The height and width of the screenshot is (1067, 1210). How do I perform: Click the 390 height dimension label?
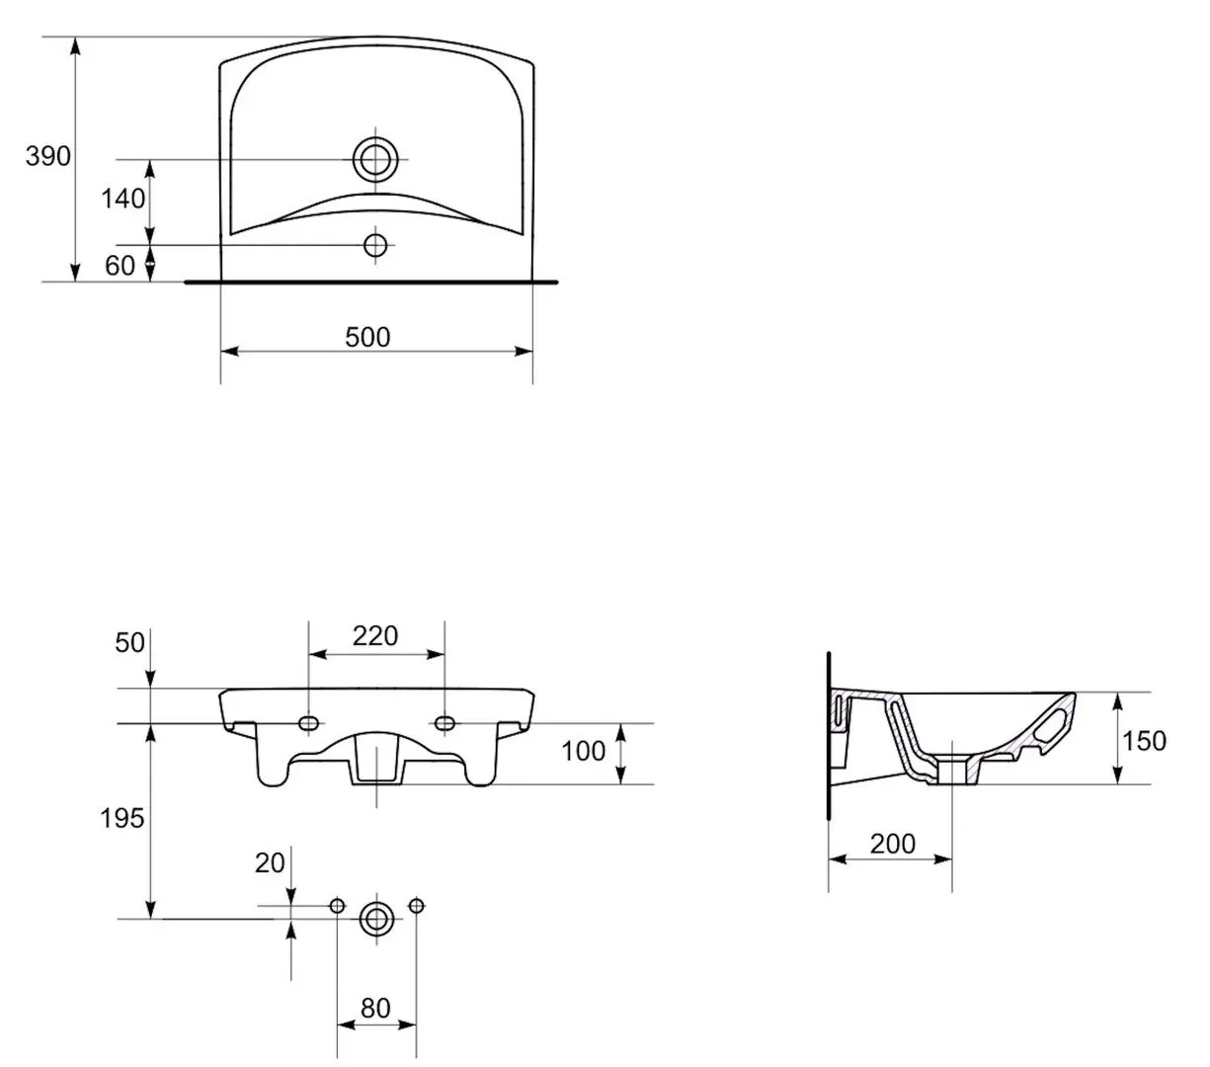(x=47, y=156)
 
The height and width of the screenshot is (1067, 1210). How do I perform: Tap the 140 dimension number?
(x=123, y=199)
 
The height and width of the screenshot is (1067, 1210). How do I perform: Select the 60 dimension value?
(x=121, y=266)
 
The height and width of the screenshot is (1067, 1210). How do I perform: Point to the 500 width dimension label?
(x=367, y=337)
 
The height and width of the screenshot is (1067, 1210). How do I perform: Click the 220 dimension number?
(x=375, y=636)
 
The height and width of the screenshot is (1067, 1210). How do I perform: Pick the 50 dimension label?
(x=129, y=643)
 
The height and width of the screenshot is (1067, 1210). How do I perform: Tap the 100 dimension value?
(x=584, y=752)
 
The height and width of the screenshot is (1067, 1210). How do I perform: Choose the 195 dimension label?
(x=121, y=818)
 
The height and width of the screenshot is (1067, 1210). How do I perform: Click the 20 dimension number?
(x=270, y=863)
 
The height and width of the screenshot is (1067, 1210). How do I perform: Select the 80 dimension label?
(x=375, y=1009)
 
